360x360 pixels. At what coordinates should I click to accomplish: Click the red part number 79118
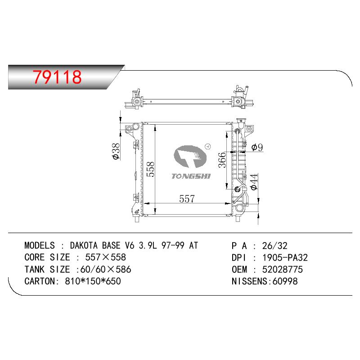pyautogui.click(x=57, y=77)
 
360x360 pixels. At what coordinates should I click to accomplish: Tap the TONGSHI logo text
pyautogui.click(x=191, y=176)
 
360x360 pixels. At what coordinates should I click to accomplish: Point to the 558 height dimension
pyautogui.click(x=150, y=169)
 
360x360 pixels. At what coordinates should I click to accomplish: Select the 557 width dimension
pyautogui.click(x=187, y=199)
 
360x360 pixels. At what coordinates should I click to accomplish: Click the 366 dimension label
pyautogui.click(x=222, y=160)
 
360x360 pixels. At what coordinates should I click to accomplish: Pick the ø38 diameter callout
pyautogui.click(x=116, y=151)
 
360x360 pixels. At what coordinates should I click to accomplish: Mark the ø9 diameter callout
pyautogui.click(x=257, y=147)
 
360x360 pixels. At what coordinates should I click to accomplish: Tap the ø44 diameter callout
pyautogui.click(x=254, y=182)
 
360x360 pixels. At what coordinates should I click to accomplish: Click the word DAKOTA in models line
pyautogui.click(x=84, y=245)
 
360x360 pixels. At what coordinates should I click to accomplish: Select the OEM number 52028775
pyautogui.click(x=283, y=269)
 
